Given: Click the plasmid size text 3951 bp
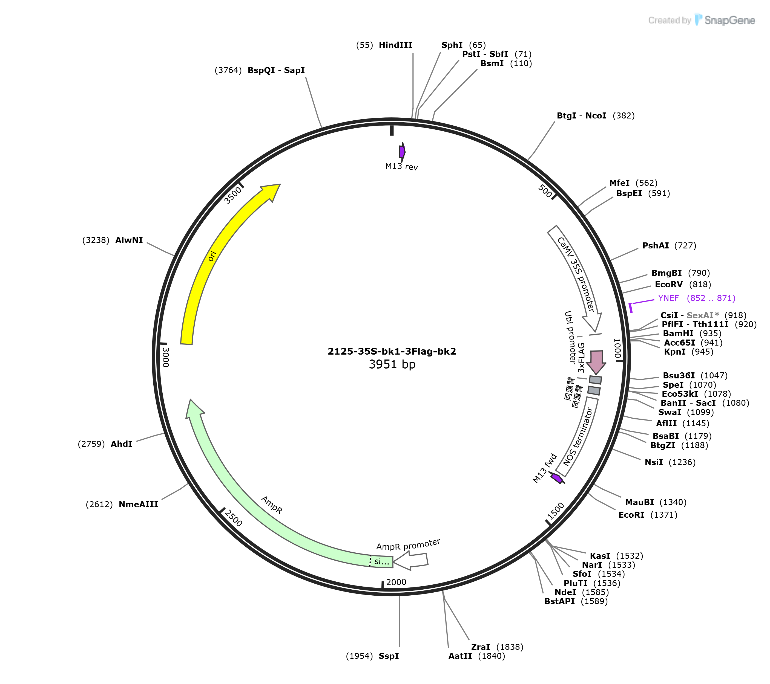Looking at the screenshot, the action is point(392,364).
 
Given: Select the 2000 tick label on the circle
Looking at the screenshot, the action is point(396,582).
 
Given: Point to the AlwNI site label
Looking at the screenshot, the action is point(129,240).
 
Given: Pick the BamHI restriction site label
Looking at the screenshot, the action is point(678,334).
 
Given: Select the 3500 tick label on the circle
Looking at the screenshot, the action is point(232,195).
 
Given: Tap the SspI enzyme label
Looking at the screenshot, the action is point(389,656).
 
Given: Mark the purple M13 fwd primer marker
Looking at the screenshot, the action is point(557,479).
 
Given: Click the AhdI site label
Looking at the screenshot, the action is point(121,444).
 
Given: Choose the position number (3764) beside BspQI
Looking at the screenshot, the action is point(228,70).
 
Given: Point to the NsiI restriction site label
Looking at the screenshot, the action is point(654,462).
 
